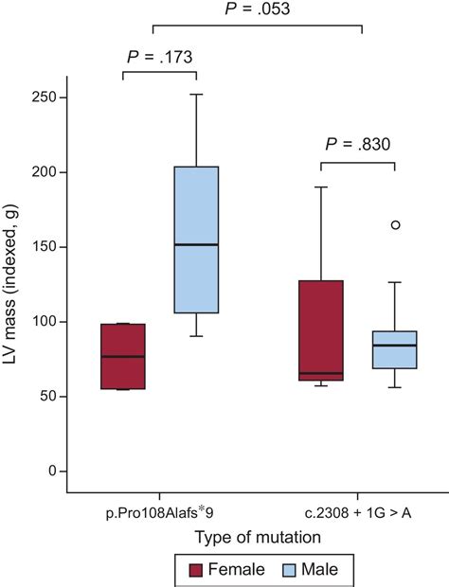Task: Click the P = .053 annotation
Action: [x=256, y=9]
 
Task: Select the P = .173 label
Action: [x=159, y=57]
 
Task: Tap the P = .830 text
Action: [x=357, y=145]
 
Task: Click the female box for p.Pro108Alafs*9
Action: [x=123, y=357]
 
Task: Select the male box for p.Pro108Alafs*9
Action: [x=196, y=240]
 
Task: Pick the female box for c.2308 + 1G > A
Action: [x=320, y=329]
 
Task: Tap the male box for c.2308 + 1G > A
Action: [x=394, y=349]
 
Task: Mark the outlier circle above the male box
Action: [x=395, y=224]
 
